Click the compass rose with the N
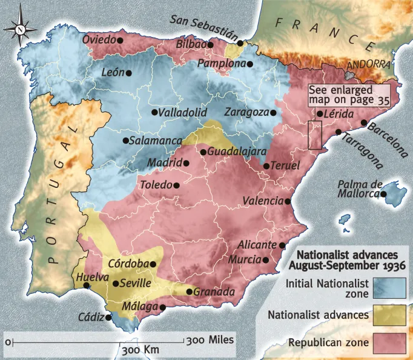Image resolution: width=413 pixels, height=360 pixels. pyautogui.click(x=21, y=28)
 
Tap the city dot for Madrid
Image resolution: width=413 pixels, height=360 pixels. pyautogui.click(x=187, y=162)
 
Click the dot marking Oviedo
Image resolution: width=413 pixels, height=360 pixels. pyautogui.click(x=120, y=40)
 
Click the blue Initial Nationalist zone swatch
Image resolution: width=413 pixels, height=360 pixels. pyautogui.click(x=389, y=288)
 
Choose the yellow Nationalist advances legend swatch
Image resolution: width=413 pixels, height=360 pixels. pyautogui.click(x=389, y=315)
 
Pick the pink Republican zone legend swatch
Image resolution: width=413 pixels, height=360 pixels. pyautogui.click(x=389, y=343)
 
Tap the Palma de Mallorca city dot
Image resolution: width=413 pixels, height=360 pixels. pyautogui.click(x=383, y=194)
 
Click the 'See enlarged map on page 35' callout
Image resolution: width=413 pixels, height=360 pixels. pyautogui.click(x=348, y=95)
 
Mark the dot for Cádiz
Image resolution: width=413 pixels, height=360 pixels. pyautogui.click(x=108, y=316)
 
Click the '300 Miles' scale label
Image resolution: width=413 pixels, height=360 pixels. pyautogui.click(x=210, y=340)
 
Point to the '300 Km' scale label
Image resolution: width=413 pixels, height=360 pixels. pyautogui.click(x=140, y=351)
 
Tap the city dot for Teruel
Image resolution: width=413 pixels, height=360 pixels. pyautogui.click(x=266, y=166)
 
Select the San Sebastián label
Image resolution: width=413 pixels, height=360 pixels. pyautogui.click(x=203, y=27)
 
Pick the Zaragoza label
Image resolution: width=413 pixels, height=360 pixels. pyautogui.click(x=246, y=113)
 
